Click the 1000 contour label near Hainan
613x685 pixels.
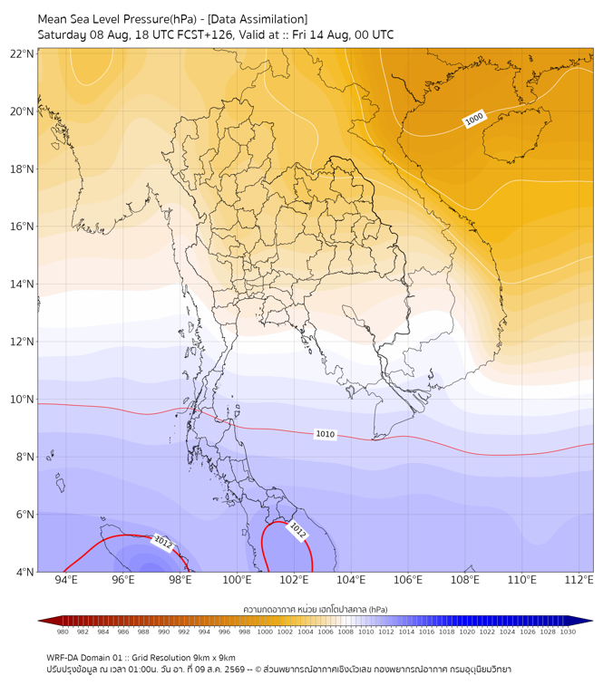click(x=474, y=118)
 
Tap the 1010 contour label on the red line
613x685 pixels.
click(x=326, y=434)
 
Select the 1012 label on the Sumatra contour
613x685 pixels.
click(x=163, y=543)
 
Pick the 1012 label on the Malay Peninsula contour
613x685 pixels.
click(x=297, y=530)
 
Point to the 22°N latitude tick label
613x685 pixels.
click(x=22, y=53)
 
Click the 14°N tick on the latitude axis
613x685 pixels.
click(x=22, y=284)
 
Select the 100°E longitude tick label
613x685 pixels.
click(x=237, y=580)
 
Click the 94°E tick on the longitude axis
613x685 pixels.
click(x=66, y=580)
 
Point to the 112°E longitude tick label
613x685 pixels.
click(x=579, y=580)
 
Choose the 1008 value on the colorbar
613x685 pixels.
click(x=345, y=632)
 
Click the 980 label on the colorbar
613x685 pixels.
click(x=63, y=632)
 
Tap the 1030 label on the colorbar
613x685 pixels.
click(x=568, y=632)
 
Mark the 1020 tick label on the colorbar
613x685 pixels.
click(x=467, y=632)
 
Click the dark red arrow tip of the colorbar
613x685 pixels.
click(x=39, y=621)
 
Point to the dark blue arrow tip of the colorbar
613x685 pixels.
click(x=592, y=621)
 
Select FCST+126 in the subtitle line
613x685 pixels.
click(x=205, y=35)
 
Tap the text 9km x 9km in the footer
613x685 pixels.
click(x=213, y=658)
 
